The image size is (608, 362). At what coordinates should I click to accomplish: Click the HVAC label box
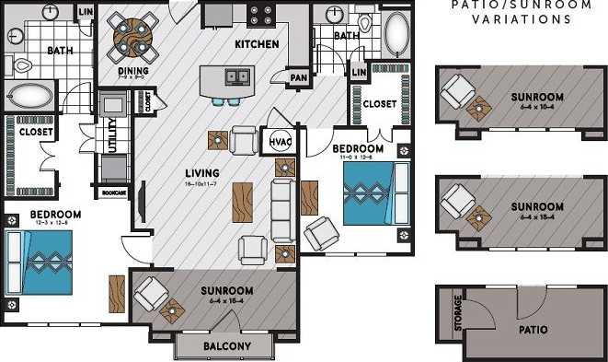coord(280,140)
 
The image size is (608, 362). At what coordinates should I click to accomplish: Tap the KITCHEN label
coord(257,44)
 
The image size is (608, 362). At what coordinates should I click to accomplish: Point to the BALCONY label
coord(224,346)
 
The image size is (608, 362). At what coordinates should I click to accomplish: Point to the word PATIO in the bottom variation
coord(533,329)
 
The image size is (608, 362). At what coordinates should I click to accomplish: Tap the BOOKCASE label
coord(114,193)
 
